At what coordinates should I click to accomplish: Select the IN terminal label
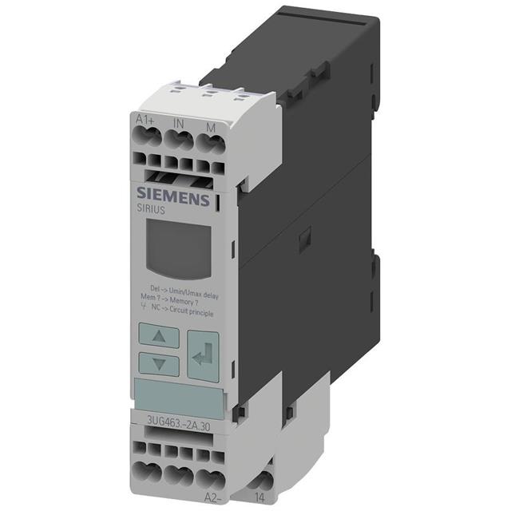pos(179,124)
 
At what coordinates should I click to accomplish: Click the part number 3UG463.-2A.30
pos(170,425)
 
